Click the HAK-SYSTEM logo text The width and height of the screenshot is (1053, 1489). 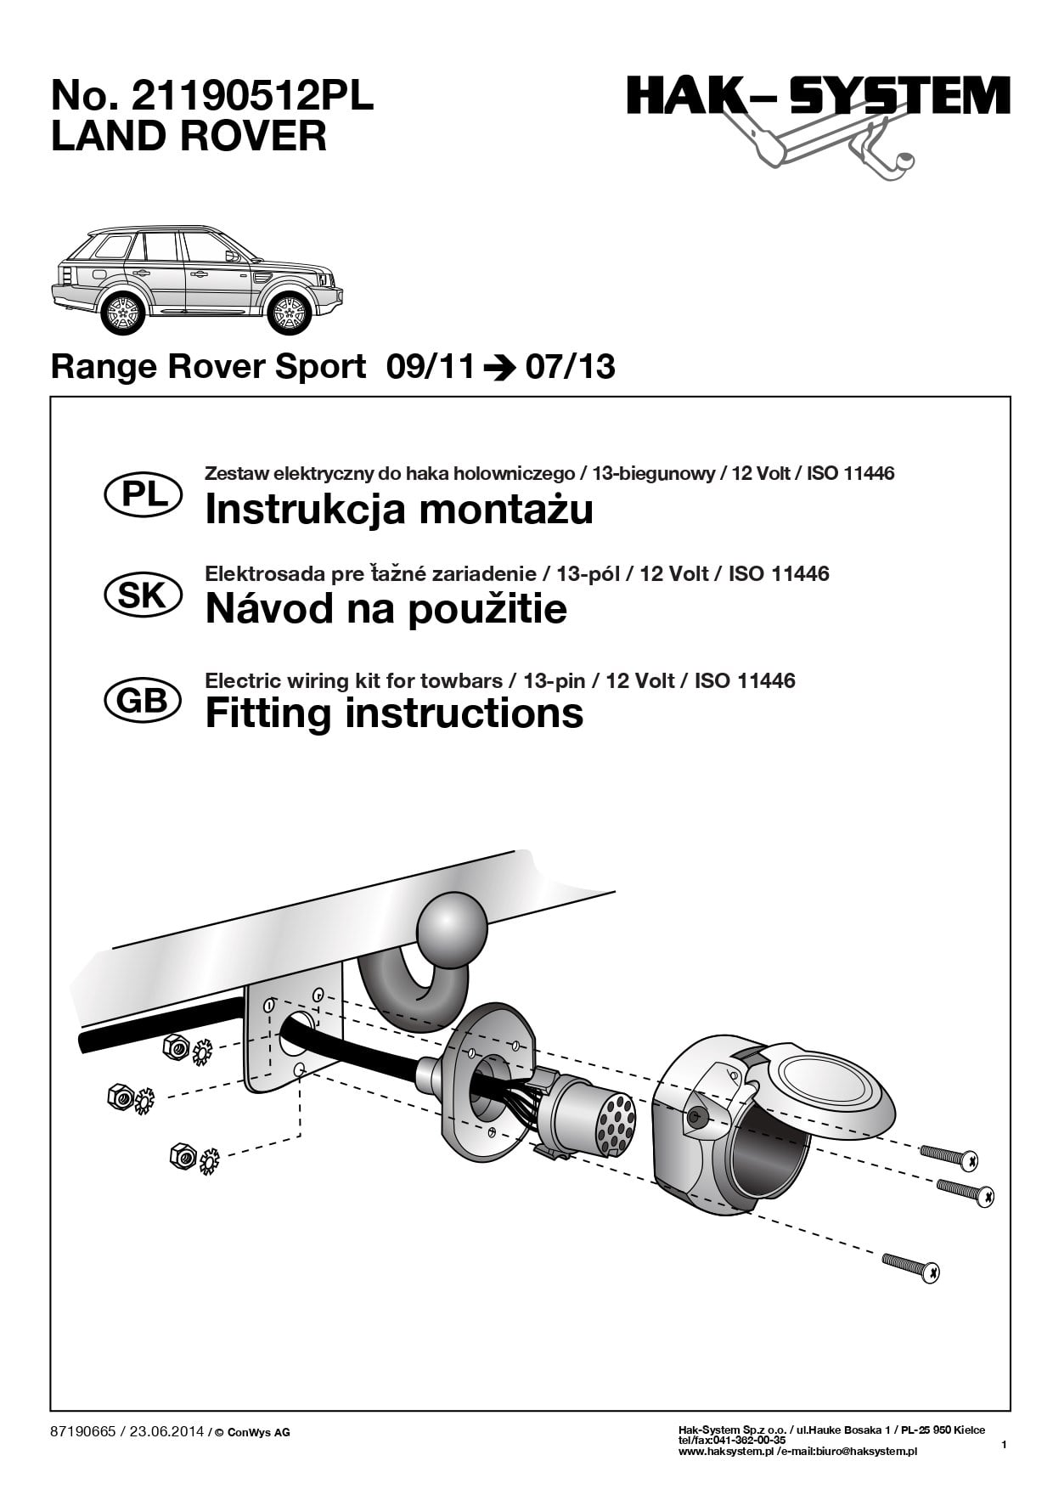coord(819,96)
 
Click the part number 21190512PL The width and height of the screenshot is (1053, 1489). coord(251,98)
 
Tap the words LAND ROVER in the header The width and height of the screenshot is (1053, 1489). coord(189,137)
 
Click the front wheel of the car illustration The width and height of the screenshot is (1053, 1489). coord(290,313)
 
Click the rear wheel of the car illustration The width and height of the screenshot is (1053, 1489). coord(123,313)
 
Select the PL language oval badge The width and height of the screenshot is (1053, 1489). coord(143,495)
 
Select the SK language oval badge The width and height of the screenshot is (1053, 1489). coord(143,595)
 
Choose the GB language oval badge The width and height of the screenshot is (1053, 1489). coord(143,701)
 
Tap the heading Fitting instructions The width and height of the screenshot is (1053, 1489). coord(394,713)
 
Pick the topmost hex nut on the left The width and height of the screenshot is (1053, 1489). coord(176,1048)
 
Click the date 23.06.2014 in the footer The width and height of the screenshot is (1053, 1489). coord(166,1431)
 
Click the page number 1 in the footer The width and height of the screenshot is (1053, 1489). coord(1004,1444)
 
